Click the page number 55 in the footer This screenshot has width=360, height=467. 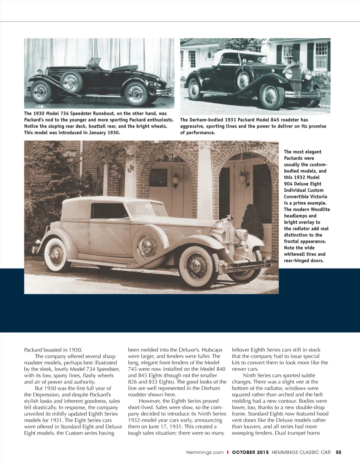(339, 452)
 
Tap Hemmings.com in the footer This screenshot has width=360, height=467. (205, 452)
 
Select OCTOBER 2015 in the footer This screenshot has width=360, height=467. (250, 452)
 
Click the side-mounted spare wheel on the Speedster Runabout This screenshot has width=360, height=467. (71, 82)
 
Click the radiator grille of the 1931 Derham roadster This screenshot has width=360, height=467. (296, 78)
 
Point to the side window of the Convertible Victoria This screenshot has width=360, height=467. (109, 211)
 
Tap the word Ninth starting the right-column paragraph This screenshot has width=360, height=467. (249, 375)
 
